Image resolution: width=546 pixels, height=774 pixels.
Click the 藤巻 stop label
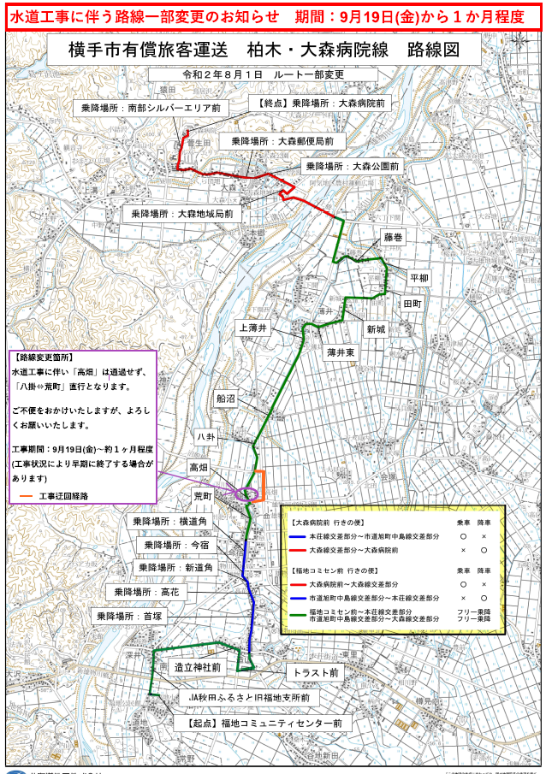tap(393, 237)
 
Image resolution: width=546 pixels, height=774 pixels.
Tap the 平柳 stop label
tap(419, 278)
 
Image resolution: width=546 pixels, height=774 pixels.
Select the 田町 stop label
tap(412, 304)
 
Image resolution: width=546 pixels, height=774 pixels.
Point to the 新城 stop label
tap(377, 329)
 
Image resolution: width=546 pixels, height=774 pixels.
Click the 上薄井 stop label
tap(253, 328)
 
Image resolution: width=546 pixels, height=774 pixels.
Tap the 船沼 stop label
tap(226, 398)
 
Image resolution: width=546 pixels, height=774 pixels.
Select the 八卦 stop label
tap(205, 435)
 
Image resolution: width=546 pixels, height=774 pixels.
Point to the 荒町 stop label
tap(202, 495)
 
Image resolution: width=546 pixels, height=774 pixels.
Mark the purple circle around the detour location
tap(246, 493)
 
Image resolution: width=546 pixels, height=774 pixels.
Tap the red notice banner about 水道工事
tap(272, 16)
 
